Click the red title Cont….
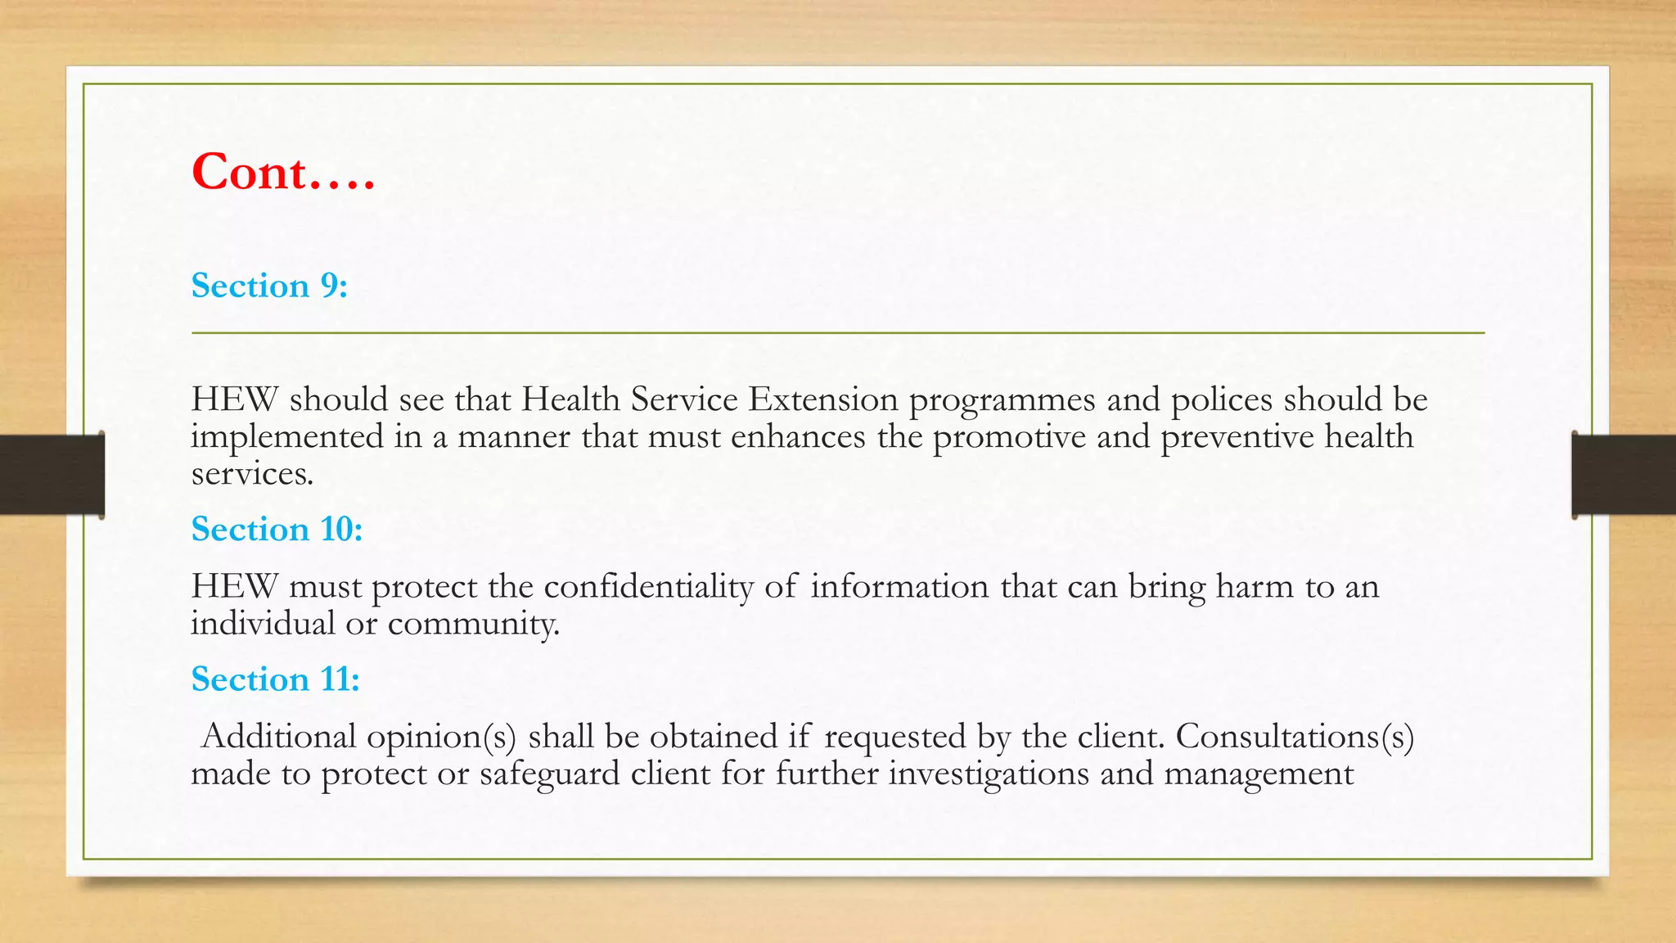click(x=282, y=172)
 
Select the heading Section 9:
click(x=269, y=286)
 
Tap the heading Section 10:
click(x=277, y=529)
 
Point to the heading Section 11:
click(x=275, y=679)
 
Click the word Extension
click(x=823, y=399)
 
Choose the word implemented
click(x=287, y=437)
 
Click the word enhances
click(x=798, y=436)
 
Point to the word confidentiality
click(x=648, y=587)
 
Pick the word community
click(x=473, y=624)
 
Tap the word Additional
click(x=278, y=737)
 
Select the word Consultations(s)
click(x=1295, y=737)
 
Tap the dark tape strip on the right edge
click(x=1624, y=474)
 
